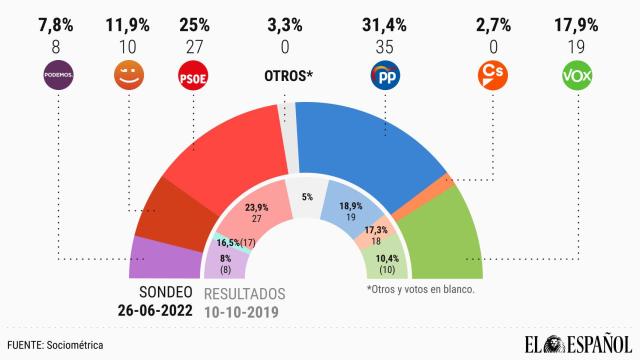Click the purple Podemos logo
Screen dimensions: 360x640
click(59, 74)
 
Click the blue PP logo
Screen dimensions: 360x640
click(385, 76)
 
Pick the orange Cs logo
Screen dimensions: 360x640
click(491, 74)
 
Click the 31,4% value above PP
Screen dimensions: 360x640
click(385, 22)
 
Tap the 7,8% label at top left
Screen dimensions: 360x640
click(59, 22)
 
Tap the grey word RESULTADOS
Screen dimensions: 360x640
click(245, 294)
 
